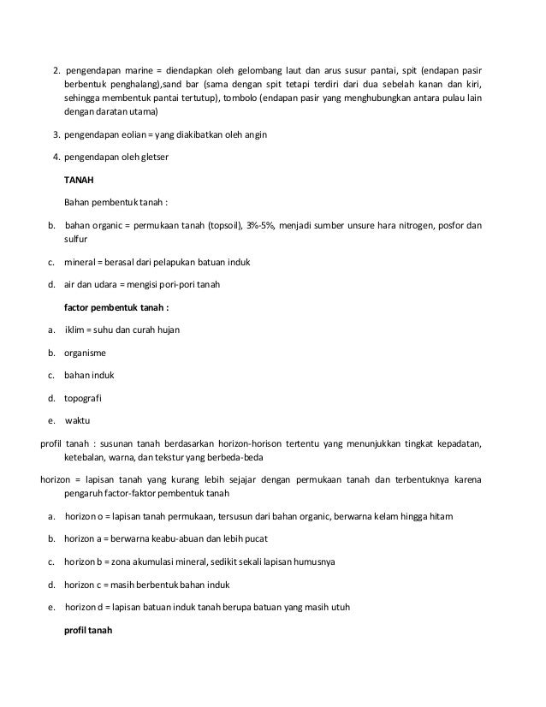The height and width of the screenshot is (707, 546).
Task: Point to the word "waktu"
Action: [78, 420]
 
